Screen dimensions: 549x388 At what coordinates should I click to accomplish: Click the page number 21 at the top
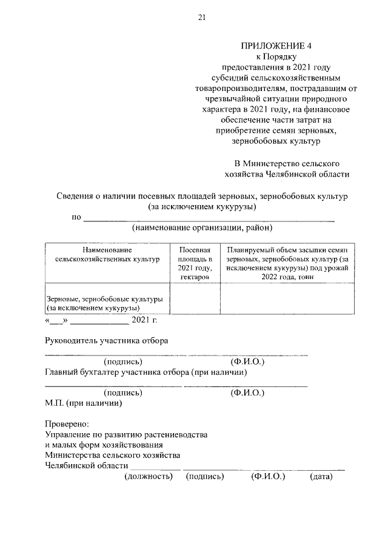pos(202,18)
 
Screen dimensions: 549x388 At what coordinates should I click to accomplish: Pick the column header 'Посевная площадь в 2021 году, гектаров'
pos(194,263)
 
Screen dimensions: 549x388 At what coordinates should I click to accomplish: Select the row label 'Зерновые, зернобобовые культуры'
pos(104,299)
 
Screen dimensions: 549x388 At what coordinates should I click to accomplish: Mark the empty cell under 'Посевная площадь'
pos(194,299)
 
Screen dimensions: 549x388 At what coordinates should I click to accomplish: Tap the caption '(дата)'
pos(321,477)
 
